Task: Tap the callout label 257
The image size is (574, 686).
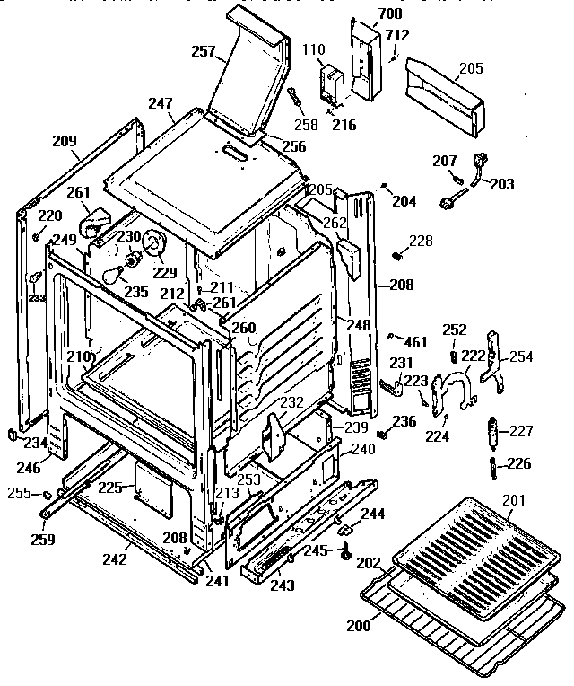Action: (204, 51)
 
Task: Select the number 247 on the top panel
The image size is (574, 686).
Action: (161, 105)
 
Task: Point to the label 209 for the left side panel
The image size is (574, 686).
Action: (65, 141)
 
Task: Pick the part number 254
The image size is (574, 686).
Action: (521, 356)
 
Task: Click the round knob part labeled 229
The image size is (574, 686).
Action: (155, 242)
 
